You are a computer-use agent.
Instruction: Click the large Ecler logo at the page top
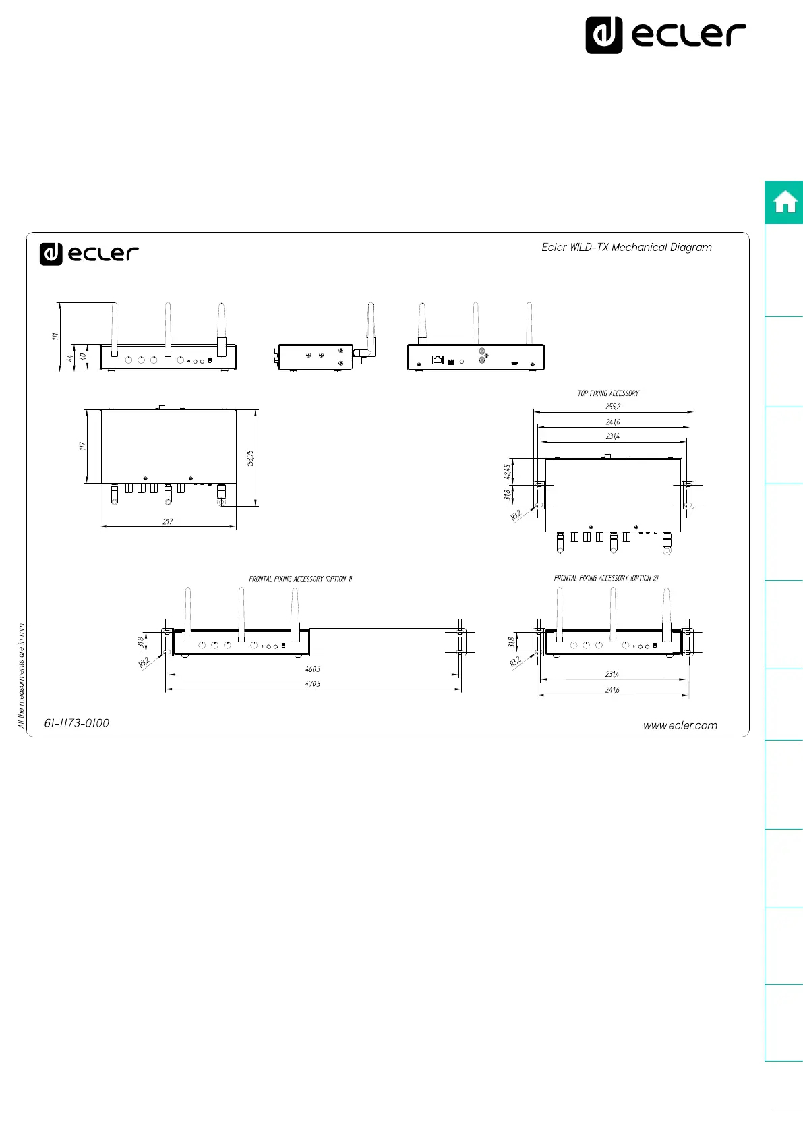point(665,35)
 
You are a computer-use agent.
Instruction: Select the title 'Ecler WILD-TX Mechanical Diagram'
point(626,247)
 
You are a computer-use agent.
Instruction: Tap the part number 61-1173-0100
point(77,723)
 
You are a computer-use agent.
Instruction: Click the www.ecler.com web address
point(680,725)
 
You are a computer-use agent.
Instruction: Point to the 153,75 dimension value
point(250,458)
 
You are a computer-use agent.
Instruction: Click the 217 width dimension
point(168,521)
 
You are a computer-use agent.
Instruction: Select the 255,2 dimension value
point(612,407)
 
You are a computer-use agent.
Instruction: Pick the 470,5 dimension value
point(313,683)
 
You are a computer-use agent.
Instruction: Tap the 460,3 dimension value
point(313,669)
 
